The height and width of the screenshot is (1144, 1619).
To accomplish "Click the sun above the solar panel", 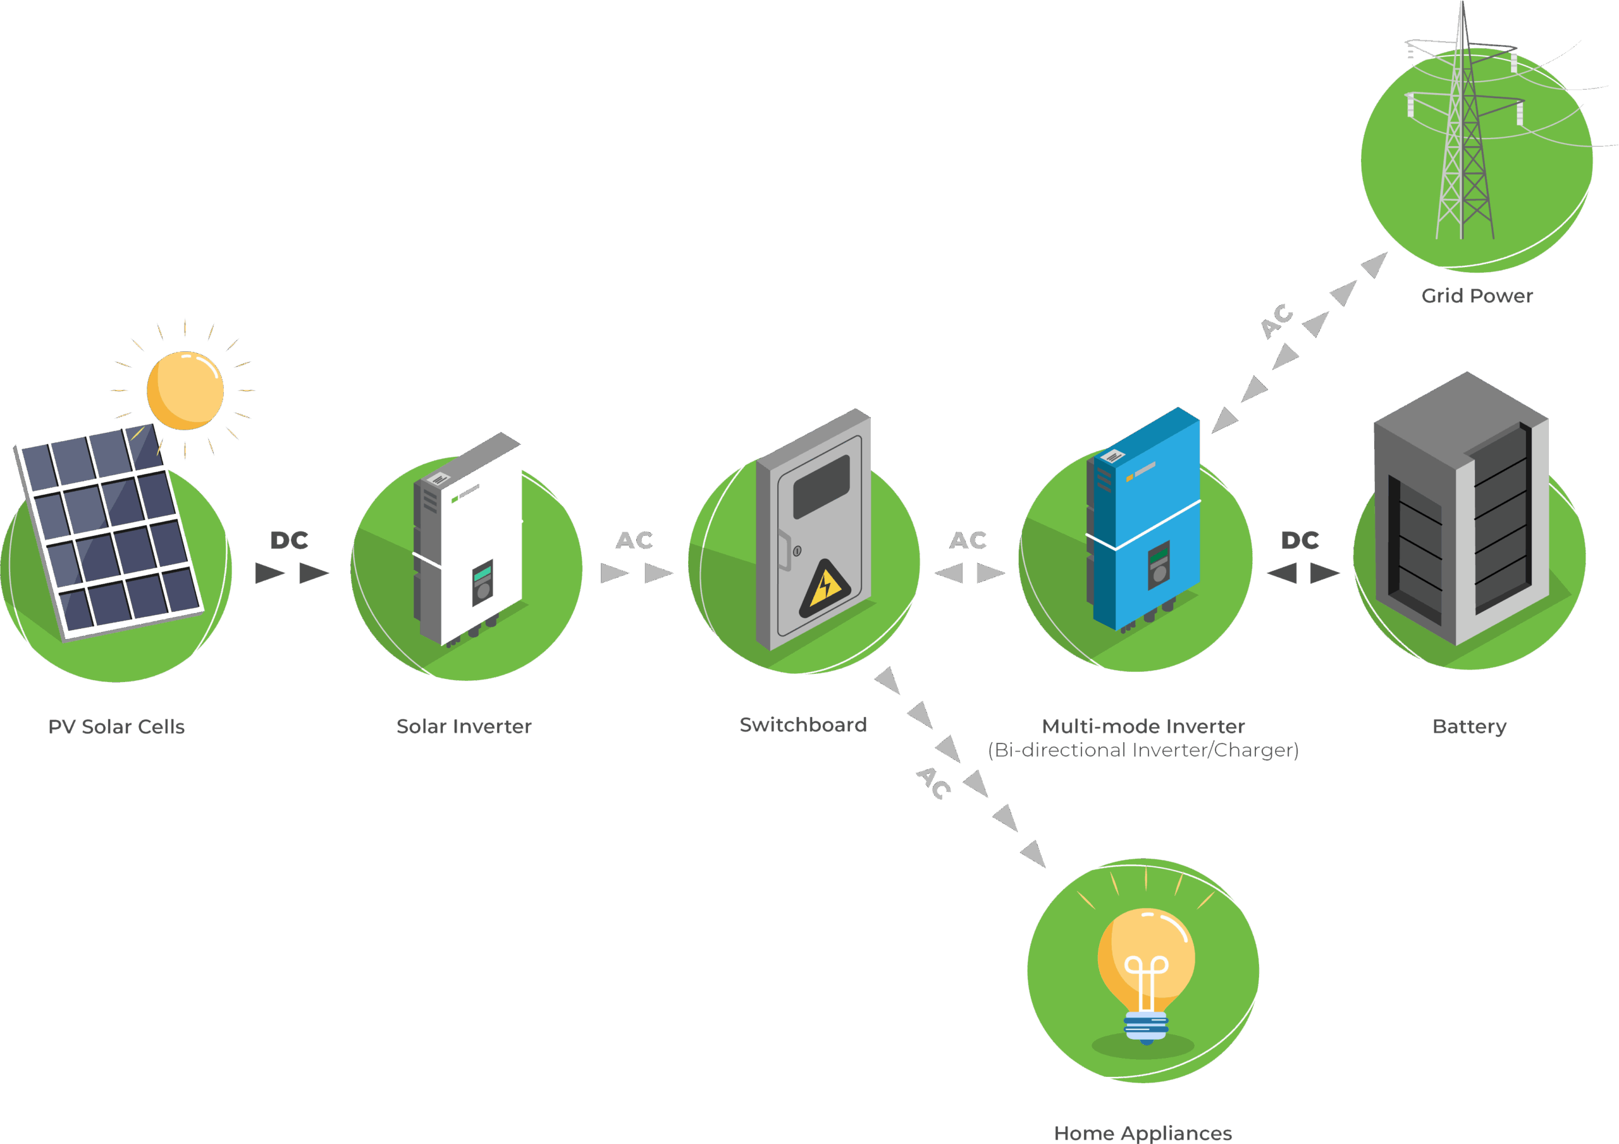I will [185, 390].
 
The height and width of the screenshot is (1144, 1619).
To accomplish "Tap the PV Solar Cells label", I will [116, 726].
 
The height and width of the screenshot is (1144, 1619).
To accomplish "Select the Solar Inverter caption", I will [464, 726].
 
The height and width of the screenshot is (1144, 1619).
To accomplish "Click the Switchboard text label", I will [803, 724].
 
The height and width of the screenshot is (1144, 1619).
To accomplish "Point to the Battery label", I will [1470, 726].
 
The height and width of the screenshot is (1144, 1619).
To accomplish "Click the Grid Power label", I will [1477, 295].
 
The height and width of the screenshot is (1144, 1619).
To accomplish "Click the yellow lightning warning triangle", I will [824, 590].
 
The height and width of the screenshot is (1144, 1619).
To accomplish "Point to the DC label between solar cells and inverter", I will [290, 541].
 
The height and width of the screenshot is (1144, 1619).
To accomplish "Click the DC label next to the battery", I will [1300, 541].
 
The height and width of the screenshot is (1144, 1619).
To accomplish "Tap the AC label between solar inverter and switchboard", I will [634, 541].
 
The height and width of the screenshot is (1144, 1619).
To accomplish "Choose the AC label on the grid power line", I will [1277, 321].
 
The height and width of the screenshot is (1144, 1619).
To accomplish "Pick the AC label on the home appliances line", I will [933, 783].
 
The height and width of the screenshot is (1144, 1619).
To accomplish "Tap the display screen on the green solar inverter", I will [483, 573].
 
